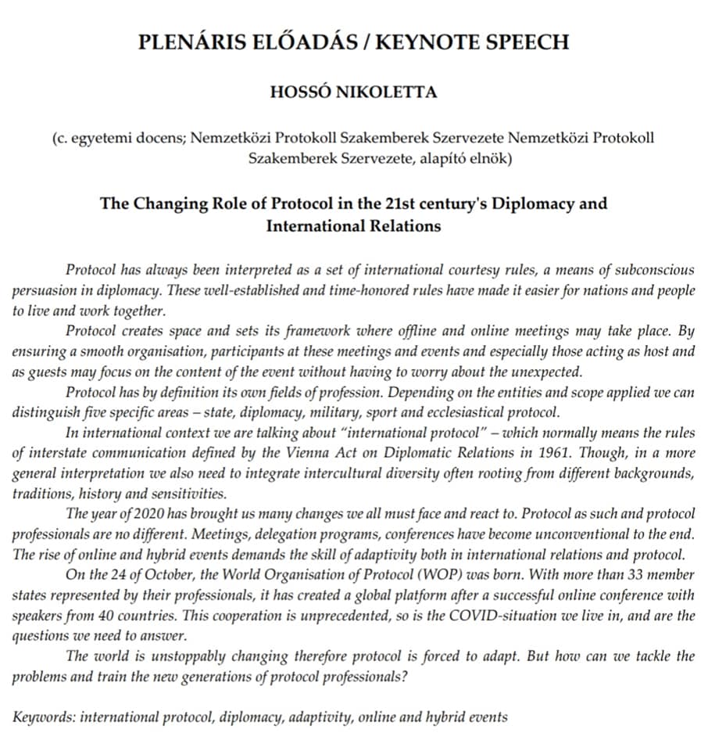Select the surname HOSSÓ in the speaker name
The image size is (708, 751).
[x=303, y=92]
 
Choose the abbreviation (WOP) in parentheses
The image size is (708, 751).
[x=395, y=575]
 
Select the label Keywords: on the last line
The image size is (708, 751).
[x=43, y=717]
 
